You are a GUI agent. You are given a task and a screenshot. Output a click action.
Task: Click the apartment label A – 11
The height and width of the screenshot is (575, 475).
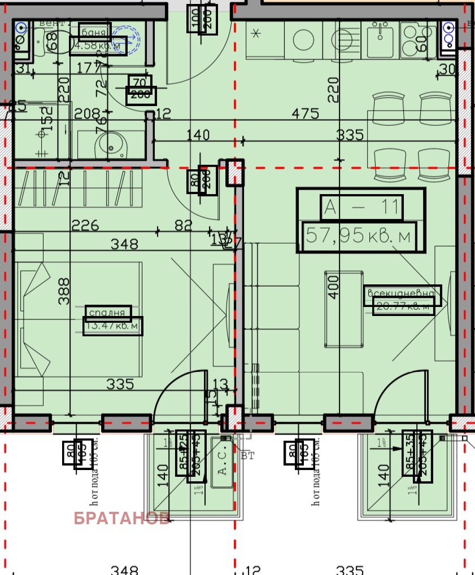tap(361, 208)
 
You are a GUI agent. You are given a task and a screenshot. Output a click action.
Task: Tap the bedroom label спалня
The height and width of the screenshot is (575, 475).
tap(108, 313)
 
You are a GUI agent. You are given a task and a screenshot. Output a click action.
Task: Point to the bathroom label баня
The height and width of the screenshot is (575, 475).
tap(94, 32)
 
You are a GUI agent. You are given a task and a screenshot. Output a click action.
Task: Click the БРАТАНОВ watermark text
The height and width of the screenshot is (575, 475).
tap(121, 519)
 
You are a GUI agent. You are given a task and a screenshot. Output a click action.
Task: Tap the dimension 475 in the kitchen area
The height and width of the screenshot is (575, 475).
tap(305, 113)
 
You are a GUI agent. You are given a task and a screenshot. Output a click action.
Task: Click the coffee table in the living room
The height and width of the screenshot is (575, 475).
tap(343, 309)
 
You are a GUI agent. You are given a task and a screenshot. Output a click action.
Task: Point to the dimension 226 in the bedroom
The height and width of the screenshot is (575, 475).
tap(85, 226)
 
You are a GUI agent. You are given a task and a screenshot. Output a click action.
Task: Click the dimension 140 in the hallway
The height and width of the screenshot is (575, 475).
tap(198, 135)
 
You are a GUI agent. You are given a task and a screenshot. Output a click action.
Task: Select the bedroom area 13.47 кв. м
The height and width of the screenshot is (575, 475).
tap(113, 326)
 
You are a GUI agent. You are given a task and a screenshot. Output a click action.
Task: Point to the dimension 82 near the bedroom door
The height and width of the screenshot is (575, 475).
tap(184, 226)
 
